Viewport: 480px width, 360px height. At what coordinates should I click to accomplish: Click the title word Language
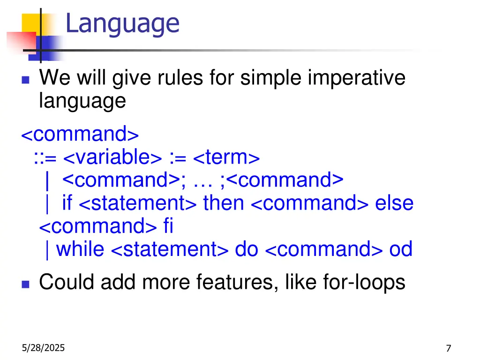pyautogui.click(x=122, y=23)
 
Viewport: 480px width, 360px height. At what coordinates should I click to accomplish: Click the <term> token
pyautogui.click(x=226, y=157)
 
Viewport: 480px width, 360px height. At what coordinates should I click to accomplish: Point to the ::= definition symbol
pyautogui.click(x=45, y=158)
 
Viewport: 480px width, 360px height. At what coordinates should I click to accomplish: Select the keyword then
pyautogui.click(x=224, y=203)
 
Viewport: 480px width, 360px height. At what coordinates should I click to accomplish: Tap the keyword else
pyautogui.click(x=394, y=203)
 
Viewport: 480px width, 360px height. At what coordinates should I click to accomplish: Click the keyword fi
pyautogui.click(x=168, y=226)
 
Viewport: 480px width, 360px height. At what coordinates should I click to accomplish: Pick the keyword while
pyautogui.click(x=80, y=249)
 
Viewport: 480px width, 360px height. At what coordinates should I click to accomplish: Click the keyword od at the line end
pyautogui.click(x=401, y=249)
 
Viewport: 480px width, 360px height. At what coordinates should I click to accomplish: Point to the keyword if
pyautogui.click(x=67, y=203)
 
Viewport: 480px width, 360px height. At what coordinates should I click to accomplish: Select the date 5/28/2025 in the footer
pyautogui.click(x=43, y=348)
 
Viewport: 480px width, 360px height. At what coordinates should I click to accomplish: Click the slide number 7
pyautogui.click(x=449, y=348)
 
